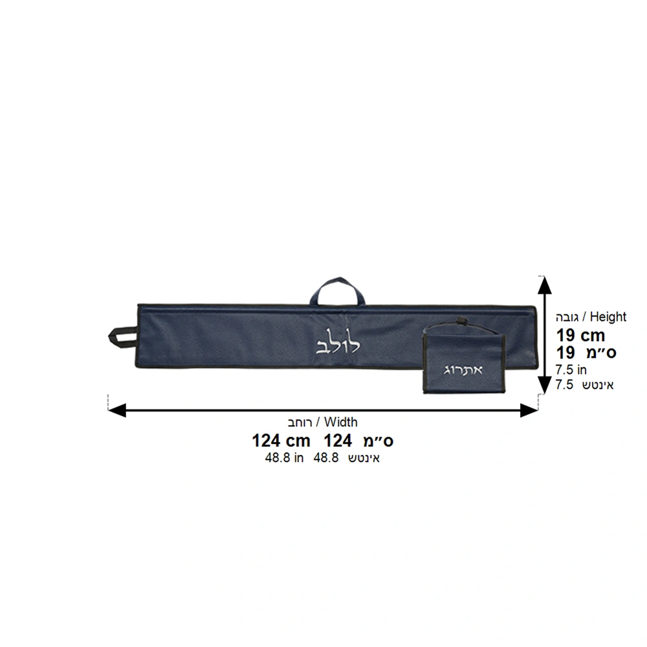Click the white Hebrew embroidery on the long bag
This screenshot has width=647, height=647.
pos(338,341)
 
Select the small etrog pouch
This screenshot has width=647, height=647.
pos(464,358)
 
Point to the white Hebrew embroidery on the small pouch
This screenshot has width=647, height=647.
pos(463,369)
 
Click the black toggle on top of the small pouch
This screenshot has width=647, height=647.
pos(459,320)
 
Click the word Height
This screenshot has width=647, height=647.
pos(608,317)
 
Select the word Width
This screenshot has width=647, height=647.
pos(341,422)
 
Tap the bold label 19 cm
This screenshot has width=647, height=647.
pos(580,335)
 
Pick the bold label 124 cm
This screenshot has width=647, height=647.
pos(281,441)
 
